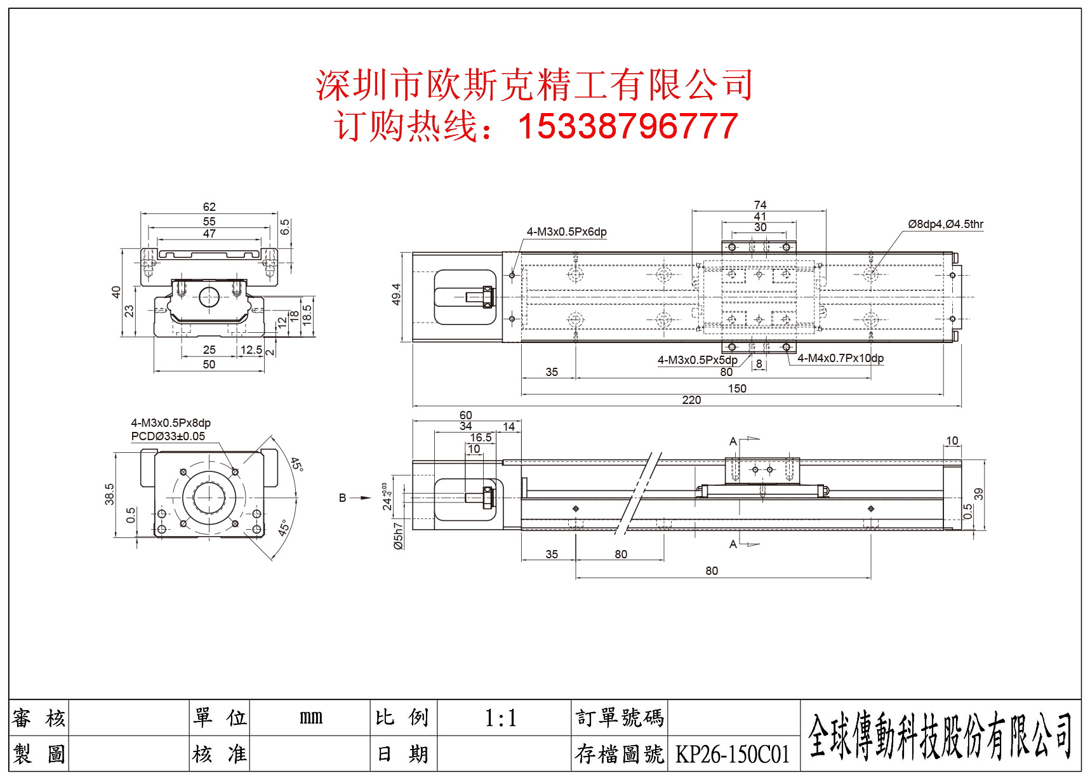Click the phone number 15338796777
[627, 126]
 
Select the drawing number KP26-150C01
[732, 755]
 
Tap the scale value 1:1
[501, 718]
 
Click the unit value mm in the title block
[311, 718]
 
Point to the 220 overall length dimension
[691, 400]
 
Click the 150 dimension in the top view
[737, 388]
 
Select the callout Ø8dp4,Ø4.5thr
[945, 224]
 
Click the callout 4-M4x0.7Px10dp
[840, 358]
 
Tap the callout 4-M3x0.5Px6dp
[566, 232]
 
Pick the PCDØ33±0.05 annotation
[168, 436]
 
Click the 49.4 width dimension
[396, 294]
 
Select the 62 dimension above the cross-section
[209, 207]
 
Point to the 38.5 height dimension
[110, 494]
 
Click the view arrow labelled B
[343, 498]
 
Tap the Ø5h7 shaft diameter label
[398, 535]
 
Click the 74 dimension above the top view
[760, 205]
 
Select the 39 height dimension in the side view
[978, 494]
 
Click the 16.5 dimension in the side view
[481, 438]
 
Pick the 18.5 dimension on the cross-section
[307, 314]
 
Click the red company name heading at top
[534, 85]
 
